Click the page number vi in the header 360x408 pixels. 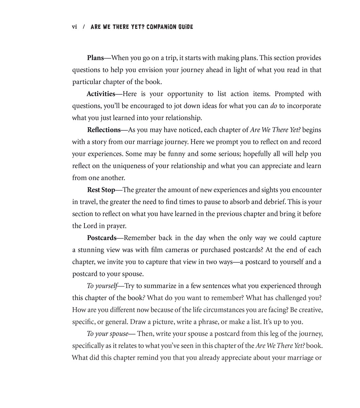[74, 27]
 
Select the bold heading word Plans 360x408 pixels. [95, 58]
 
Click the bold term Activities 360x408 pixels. [101, 94]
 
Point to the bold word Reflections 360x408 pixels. [104, 130]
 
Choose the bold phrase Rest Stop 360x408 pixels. [101, 190]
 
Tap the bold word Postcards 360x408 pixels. [101, 238]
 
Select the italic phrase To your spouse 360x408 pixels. [107, 334]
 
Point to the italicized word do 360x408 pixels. [274, 106]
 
